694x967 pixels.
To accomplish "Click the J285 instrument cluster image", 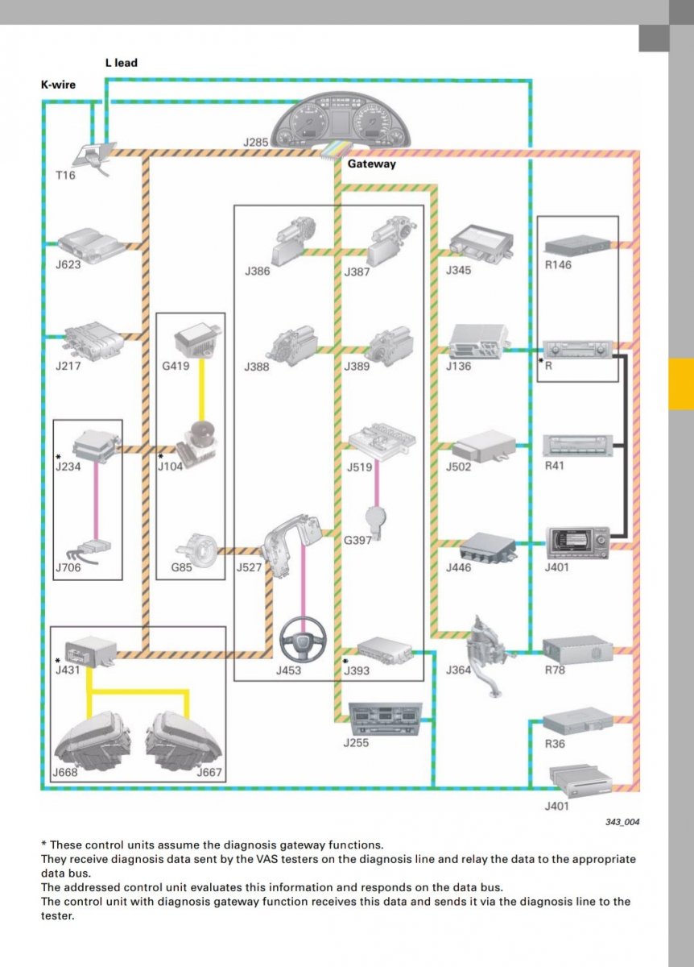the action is coord(341,121).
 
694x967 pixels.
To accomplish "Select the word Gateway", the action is coord(371,164).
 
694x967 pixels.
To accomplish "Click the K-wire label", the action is coord(58,85).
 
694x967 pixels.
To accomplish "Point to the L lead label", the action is coord(122,63).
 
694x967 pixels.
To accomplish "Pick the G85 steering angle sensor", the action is coord(196,548).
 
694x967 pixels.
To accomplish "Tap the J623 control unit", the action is coord(91,245).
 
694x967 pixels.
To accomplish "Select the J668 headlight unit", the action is coord(92,741).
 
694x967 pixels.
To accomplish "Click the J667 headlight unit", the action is coord(184,741).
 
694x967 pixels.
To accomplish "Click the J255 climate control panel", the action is coord(385,719).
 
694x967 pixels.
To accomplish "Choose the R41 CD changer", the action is coord(577,446).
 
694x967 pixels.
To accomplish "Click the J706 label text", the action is coord(68,567).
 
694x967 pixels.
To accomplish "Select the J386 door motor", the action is coord(293,239).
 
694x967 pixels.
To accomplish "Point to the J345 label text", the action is coord(458,271).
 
